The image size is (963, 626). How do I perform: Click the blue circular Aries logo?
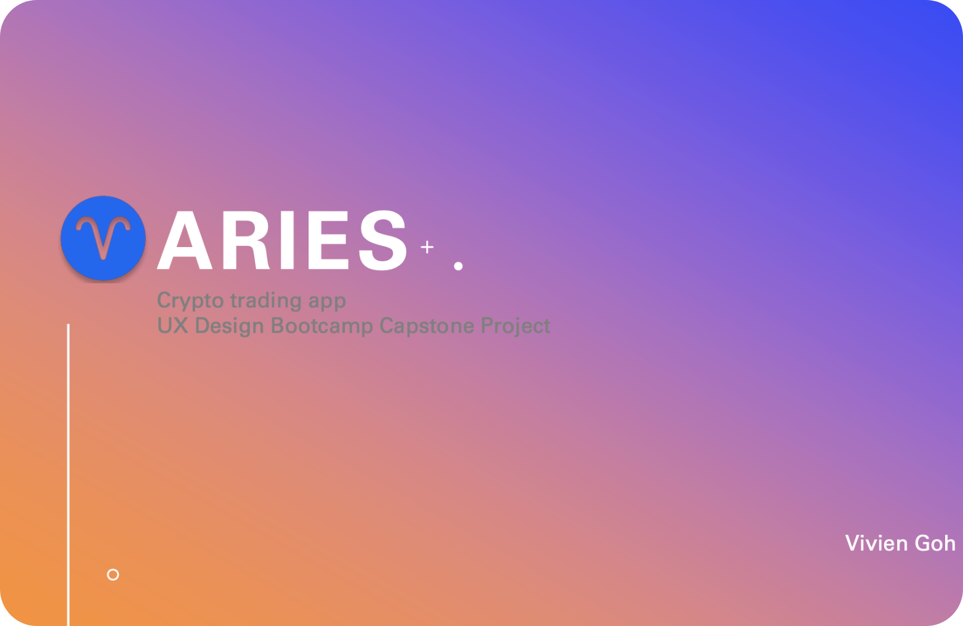(103, 238)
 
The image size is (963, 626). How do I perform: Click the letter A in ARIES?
(185, 240)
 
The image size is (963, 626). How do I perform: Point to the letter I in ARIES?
(287, 240)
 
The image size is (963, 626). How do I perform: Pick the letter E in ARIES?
(328, 240)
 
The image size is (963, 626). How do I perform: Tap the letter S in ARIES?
(382, 240)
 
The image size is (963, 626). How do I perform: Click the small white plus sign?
(427, 247)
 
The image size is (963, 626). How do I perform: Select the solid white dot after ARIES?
(458, 266)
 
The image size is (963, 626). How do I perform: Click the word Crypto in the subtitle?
(190, 301)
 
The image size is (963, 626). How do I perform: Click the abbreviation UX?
(173, 325)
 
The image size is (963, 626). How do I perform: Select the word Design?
(230, 326)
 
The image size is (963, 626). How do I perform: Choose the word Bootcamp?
(322, 326)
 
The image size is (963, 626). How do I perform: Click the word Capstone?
(427, 326)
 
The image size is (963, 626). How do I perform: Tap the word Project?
(515, 326)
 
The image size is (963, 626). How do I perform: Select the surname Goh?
(935, 543)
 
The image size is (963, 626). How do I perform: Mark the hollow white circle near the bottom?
(113, 570)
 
